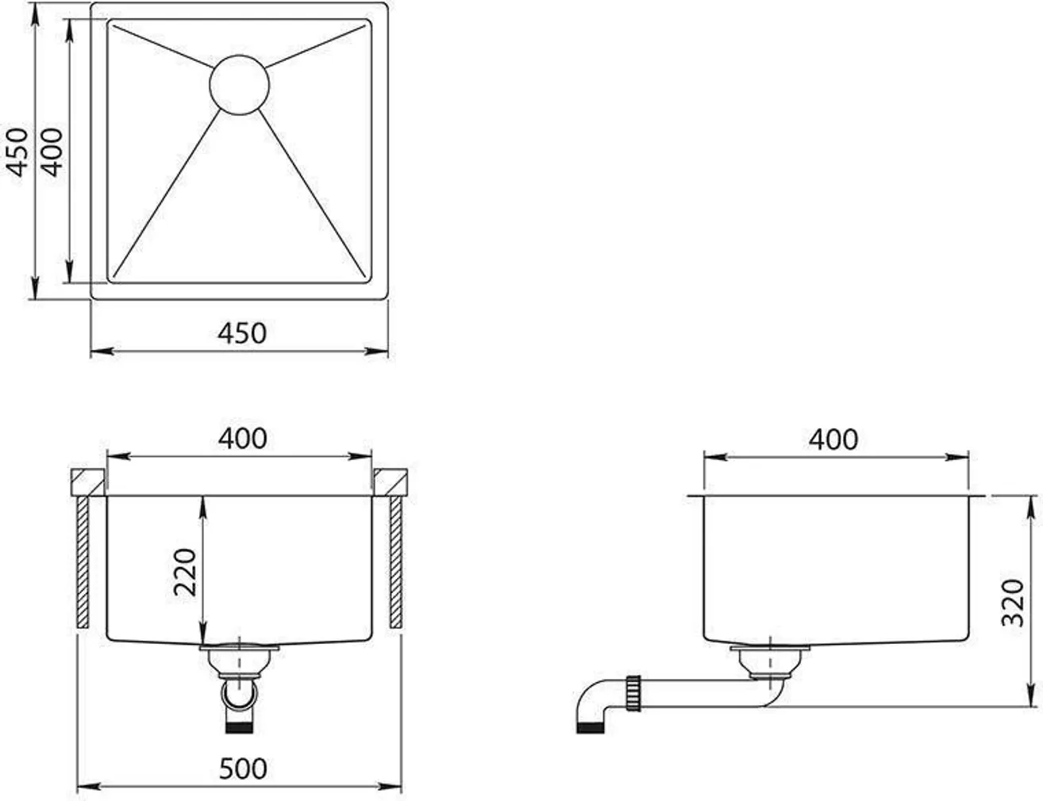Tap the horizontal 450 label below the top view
(x=242, y=333)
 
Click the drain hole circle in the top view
(x=239, y=84)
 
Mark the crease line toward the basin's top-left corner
(x=163, y=45)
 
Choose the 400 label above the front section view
(x=242, y=438)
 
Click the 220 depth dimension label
(x=185, y=572)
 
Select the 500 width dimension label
(x=242, y=768)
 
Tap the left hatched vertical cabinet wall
(x=83, y=561)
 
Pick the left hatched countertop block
(x=87, y=482)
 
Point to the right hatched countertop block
(x=391, y=482)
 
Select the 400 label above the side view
(x=833, y=439)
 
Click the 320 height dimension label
(x=1013, y=603)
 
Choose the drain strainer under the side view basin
(x=769, y=660)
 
